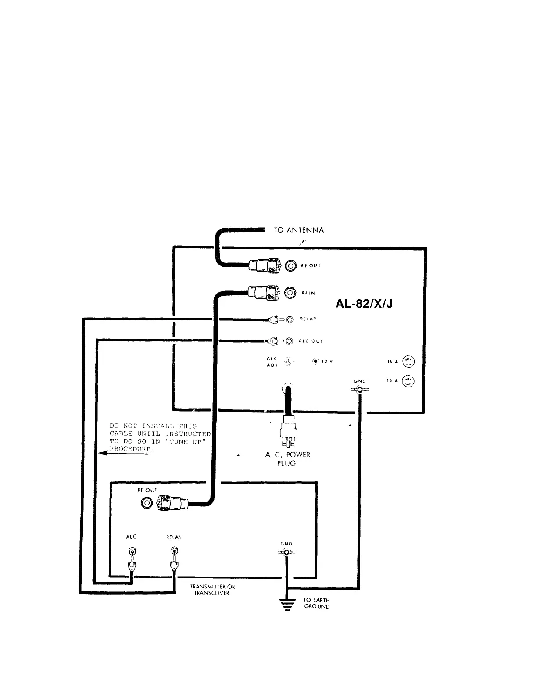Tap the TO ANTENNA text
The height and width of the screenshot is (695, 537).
(x=299, y=230)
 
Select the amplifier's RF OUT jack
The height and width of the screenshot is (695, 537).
(x=290, y=265)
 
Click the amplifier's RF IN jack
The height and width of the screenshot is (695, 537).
(x=290, y=293)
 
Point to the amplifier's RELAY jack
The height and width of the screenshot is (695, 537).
(x=289, y=320)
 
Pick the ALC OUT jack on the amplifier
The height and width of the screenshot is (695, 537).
(x=289, y=341)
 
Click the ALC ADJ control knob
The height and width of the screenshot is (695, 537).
(x=289, y=362)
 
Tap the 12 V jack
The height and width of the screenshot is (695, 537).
(x=315, y=362)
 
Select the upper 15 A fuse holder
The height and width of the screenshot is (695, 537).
(x=408, y=362)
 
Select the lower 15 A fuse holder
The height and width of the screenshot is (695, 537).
(x=408, y=381)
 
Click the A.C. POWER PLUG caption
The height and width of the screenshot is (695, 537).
(x=287, y=459)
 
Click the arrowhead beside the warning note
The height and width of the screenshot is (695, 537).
(x=103, y=454)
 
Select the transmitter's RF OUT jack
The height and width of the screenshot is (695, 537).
(x=146, y=503)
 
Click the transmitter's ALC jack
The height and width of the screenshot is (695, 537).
(x=131, y=551)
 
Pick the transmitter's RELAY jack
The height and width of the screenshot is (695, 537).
(x=174, y=551)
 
